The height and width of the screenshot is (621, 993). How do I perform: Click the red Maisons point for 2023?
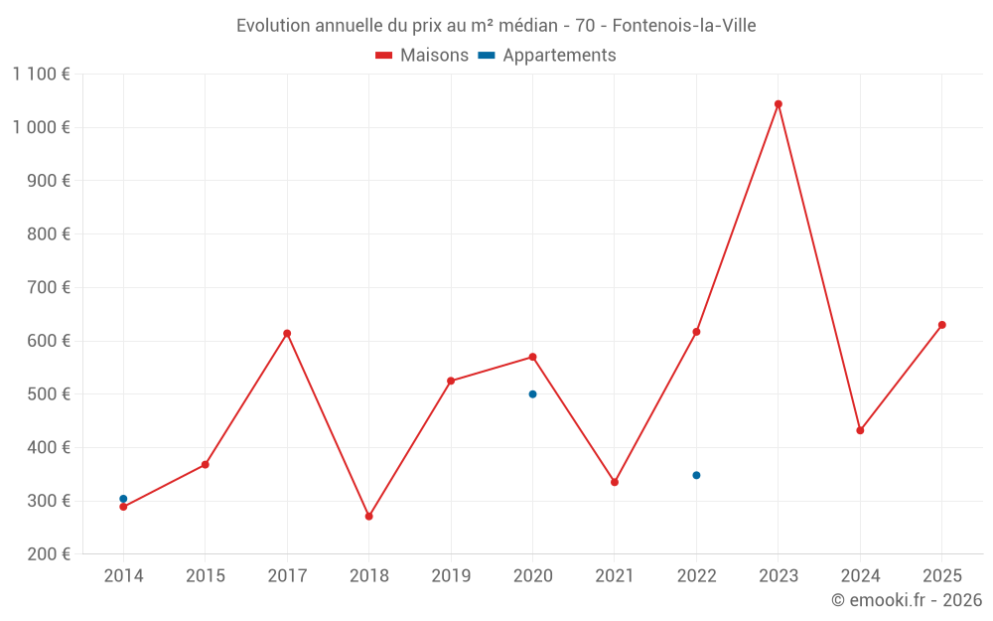[779, 104]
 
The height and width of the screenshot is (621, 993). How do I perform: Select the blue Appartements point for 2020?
[532, 394]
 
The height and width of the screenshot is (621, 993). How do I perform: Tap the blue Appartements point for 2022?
[696, 475]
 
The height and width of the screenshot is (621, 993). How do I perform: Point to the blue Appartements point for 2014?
[123, 499]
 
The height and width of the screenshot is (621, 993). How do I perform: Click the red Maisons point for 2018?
[368, 517]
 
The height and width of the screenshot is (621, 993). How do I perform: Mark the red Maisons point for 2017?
[287, 334]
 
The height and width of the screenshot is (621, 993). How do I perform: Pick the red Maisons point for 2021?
[615, 482]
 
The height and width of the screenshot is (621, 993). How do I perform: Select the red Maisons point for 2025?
[942, 325]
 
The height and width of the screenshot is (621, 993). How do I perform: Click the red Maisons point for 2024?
[860, 430]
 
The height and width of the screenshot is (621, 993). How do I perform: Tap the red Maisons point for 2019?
[451, 381]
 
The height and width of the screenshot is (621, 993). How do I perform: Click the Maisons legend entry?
[422, 56]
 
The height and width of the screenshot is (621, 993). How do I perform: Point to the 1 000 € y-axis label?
[41, 127]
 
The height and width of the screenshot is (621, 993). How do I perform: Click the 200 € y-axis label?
[47, 553]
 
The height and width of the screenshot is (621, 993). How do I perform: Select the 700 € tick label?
[47, 287]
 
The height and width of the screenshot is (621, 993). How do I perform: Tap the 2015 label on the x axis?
[206, 576]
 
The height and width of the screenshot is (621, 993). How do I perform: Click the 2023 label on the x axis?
[779, 576]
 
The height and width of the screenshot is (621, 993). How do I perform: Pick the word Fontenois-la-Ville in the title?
[684, 26]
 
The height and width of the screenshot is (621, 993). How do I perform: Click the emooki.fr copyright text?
[907, 600]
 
